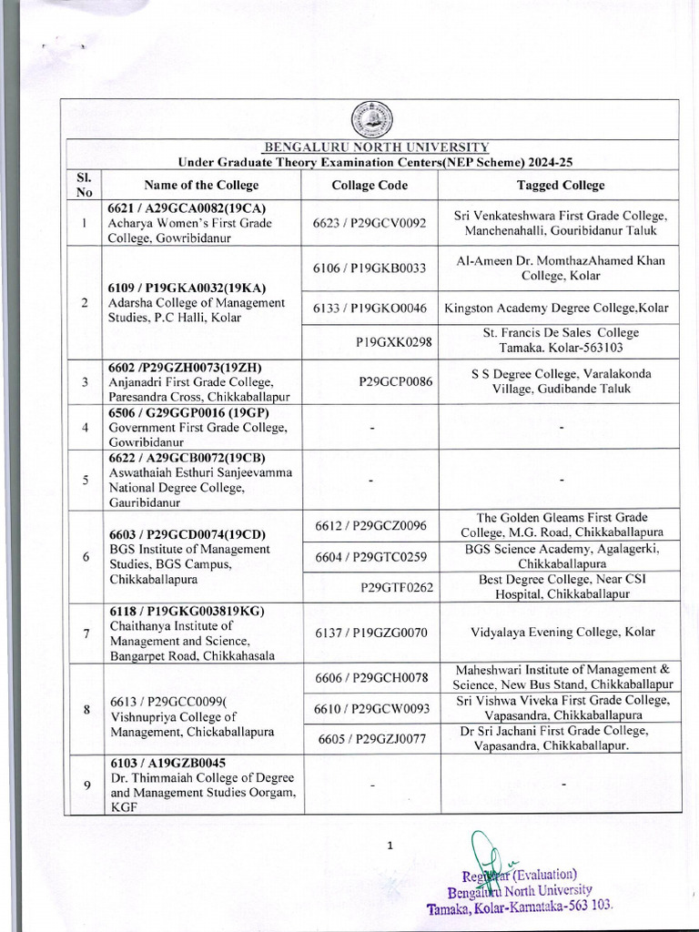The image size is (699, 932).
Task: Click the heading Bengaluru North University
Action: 377,147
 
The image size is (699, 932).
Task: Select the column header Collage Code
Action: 370,185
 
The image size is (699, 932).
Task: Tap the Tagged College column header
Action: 561,185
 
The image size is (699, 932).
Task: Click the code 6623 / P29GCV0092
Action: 370,223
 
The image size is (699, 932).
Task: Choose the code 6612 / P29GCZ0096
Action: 370,525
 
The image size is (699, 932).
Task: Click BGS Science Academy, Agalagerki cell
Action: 561,556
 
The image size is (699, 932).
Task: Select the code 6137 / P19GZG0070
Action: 370,632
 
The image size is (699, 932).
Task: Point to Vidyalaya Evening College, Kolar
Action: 561,632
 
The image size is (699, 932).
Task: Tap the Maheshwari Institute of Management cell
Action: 561,676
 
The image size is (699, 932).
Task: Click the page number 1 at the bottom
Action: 390,846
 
